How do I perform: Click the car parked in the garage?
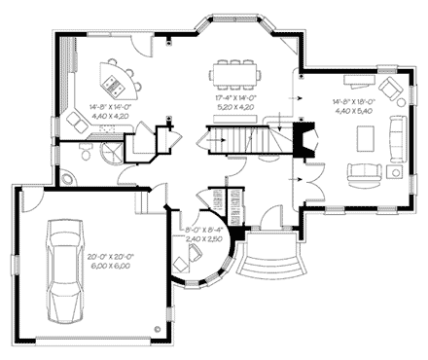[65, 273]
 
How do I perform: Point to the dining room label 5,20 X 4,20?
[236, 108]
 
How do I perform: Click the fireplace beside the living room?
[305, 141]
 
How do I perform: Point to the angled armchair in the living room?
[391, 90]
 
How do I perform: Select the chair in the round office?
[185, 262]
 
